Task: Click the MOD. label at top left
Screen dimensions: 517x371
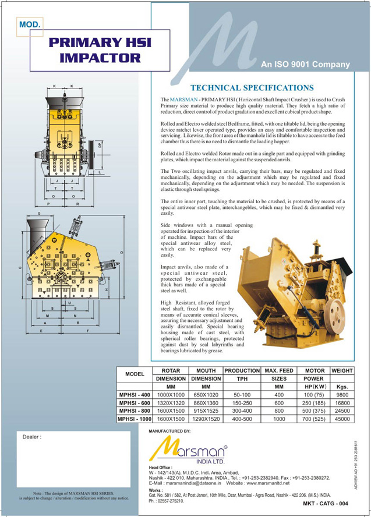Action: pyautogui.click(x=30, y=24)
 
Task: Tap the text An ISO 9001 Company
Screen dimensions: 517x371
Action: pyautogui.click(x=305, y=65)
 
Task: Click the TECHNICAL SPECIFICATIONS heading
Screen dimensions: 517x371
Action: pyautogui.click(x=252, y=88)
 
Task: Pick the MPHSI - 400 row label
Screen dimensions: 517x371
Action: pyautogui.click(x=135, y=394)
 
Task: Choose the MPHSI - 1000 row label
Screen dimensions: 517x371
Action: pyautogui.click(x=135, y=418)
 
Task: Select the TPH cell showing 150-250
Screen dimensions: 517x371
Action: pyautogui.click(x=242, y=402)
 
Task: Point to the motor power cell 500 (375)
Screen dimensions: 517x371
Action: pyautogui.click(x=313, y=410)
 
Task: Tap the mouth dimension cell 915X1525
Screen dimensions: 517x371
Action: pyautogui.click(x=206, y=410)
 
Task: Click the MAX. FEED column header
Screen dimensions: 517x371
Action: pyautogui.click(x=278, y=370)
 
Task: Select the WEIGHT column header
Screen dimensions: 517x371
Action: pyautogui.click(x=342, y=370)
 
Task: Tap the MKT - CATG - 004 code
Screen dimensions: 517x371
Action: pyautogui.click(x=326, y=503)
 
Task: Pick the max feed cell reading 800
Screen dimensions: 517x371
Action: pyautogui.click(x=278, y=410)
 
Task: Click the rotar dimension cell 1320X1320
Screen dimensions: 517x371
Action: pyautogui.click(x=171, y=402)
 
